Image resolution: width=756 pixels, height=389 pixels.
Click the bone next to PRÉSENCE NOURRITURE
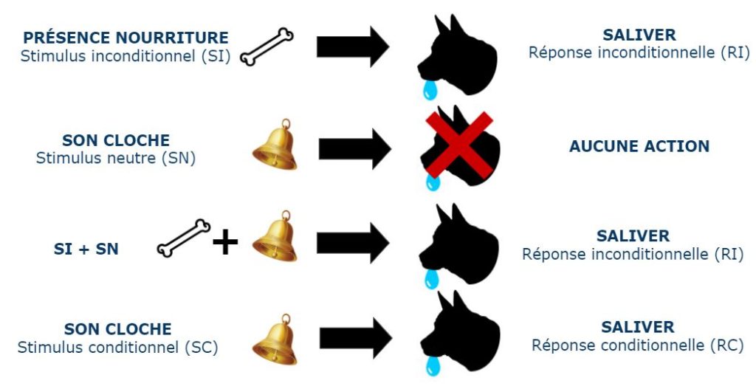click(267, 47)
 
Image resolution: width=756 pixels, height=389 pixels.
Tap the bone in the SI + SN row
click(184, 238)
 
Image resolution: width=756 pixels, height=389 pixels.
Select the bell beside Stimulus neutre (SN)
click(275, 145)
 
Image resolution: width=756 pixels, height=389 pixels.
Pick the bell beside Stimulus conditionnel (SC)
click(275, 340)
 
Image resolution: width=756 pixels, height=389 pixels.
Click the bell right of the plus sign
click(275, 236)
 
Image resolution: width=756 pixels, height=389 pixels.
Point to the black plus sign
click(225, 242)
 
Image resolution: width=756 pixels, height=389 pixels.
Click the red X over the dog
click(459, 145)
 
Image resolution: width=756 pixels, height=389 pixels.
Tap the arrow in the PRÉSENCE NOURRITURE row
click(353, 47)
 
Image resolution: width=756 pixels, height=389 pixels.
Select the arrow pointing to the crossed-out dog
click(355, 148)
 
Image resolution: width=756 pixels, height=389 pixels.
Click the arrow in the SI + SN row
click(353, 243)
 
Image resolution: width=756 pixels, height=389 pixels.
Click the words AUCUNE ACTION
click(639, 146)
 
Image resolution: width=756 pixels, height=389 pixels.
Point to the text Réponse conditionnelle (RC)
click(637, 345)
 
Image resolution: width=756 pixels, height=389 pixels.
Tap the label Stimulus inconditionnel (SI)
click(126, 56)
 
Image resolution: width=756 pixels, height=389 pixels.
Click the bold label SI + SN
click(86, 249)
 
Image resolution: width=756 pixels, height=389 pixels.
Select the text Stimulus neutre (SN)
click(116, 158)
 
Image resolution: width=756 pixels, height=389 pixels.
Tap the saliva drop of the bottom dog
click(433, 365)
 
